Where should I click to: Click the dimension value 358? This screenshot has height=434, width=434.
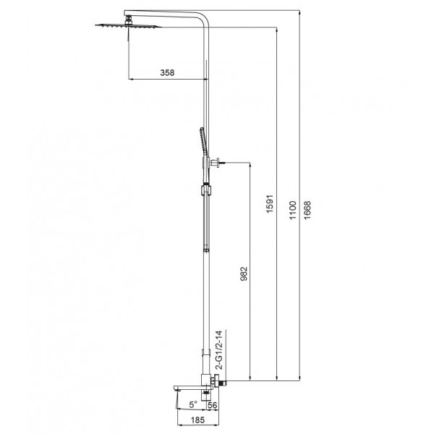(x=166, y=73)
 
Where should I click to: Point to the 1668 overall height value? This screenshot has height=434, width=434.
(x=309, y=210)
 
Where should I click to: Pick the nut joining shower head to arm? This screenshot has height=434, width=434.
(x=128, y=20)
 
